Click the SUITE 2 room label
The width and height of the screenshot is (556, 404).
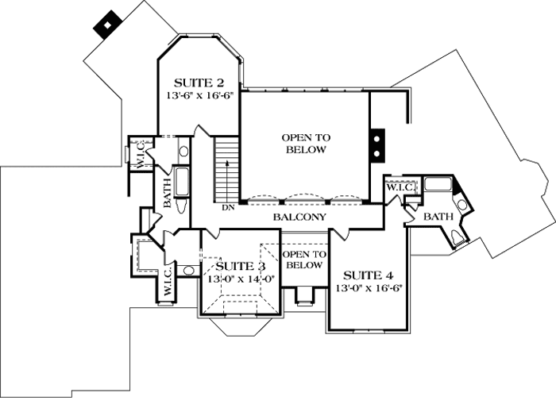tap(198, 82)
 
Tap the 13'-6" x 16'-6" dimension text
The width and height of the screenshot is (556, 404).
tap(198, 95)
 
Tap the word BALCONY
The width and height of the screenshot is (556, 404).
tap(299, 217)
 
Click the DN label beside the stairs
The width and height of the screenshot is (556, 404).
tap(228, 209)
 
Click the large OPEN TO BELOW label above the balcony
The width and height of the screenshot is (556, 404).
tap(304, 144)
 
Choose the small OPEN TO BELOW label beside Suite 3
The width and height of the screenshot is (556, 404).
tap(304, 260)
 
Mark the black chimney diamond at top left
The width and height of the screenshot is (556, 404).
tap(105, 25)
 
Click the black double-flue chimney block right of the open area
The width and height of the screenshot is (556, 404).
tap(376, 144)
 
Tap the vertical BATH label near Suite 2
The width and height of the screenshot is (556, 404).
tap(168, 193)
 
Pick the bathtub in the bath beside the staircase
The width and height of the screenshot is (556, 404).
tap(182, 182)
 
